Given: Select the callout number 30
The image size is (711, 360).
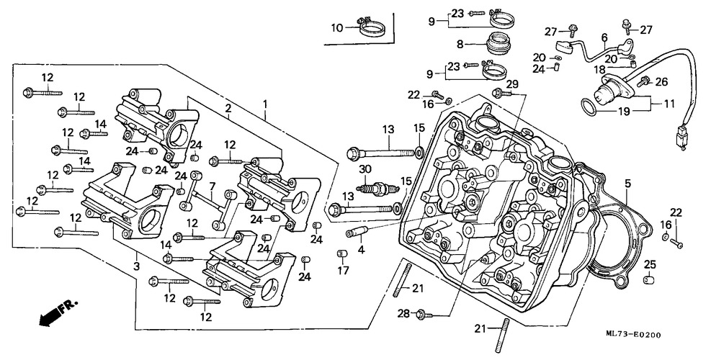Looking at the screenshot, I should tap(365, 169).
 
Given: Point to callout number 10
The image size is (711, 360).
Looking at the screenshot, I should tap(336, 28).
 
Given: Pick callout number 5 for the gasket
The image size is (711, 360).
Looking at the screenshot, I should tap(627, 183).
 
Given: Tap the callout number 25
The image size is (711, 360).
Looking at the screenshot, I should tap(650, 263).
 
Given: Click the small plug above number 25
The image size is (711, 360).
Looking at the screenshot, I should tap(650, 279).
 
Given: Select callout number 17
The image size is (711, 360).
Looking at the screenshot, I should tap(344, 271).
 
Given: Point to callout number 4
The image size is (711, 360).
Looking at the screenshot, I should tap(362, 249).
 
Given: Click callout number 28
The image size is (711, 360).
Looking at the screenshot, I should tap(403, 313).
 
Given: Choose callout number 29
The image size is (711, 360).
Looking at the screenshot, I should tap(512, 85).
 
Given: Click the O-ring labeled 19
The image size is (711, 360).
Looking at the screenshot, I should tap(588, 107).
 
